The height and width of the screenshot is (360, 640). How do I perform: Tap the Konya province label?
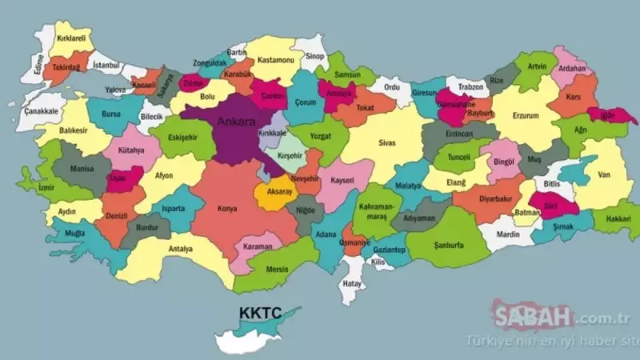point(227,209)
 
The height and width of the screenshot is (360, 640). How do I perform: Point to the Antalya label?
point(181,249)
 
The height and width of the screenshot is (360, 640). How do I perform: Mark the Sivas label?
point(387,143)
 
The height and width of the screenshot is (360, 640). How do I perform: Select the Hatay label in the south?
point(352,282)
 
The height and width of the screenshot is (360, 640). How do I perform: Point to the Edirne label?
point(34,64)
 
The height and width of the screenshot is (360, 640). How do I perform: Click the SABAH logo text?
point(528,318)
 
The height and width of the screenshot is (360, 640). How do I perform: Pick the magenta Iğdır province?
point(617,115)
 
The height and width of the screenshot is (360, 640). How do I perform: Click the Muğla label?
point(75,233)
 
